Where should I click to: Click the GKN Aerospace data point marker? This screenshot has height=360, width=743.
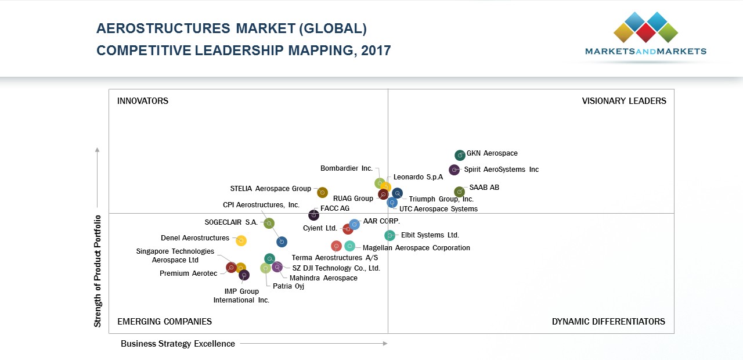point(460,155)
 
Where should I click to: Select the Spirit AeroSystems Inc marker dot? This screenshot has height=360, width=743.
point(455,170)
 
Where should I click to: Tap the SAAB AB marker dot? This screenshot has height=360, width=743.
point(459,192)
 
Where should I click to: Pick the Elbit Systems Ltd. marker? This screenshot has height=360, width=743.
point(390,235)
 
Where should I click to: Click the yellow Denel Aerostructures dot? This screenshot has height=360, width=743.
point(241,240)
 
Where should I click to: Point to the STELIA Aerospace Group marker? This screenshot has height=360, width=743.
point(323,192)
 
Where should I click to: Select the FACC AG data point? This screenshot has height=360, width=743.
point(314,215)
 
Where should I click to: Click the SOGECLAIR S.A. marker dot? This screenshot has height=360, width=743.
point(269,223)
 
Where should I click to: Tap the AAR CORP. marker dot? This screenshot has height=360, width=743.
point(355,225)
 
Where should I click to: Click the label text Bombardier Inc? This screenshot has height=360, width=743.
point(347,168)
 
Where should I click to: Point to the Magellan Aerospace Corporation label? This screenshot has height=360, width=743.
point(416,248)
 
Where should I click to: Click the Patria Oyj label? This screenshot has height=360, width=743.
point(288,286)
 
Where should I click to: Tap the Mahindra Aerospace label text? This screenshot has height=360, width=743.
point(323,278)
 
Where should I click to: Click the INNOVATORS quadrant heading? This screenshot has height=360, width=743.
point(143,101)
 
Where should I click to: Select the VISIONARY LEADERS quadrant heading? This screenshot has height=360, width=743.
point(624,101)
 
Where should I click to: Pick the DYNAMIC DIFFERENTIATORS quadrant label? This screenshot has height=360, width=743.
point(608,322)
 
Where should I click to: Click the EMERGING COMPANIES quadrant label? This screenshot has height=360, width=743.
point(164,322)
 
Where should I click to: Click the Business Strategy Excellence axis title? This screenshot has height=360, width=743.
point(178,344)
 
